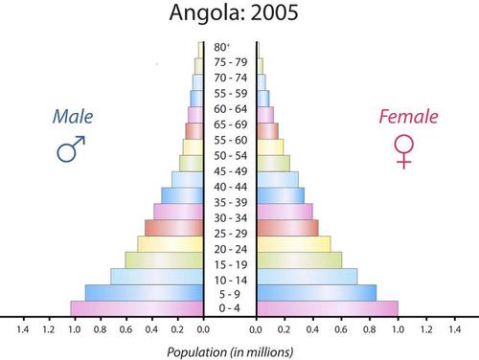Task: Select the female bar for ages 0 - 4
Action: [x=327, y=308]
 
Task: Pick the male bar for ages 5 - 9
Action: [x=144, y=292]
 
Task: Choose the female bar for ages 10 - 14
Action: [x=307, y=276]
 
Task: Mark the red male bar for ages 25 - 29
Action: [x=173, y=228]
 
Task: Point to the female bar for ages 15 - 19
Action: [x=299, y=259]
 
